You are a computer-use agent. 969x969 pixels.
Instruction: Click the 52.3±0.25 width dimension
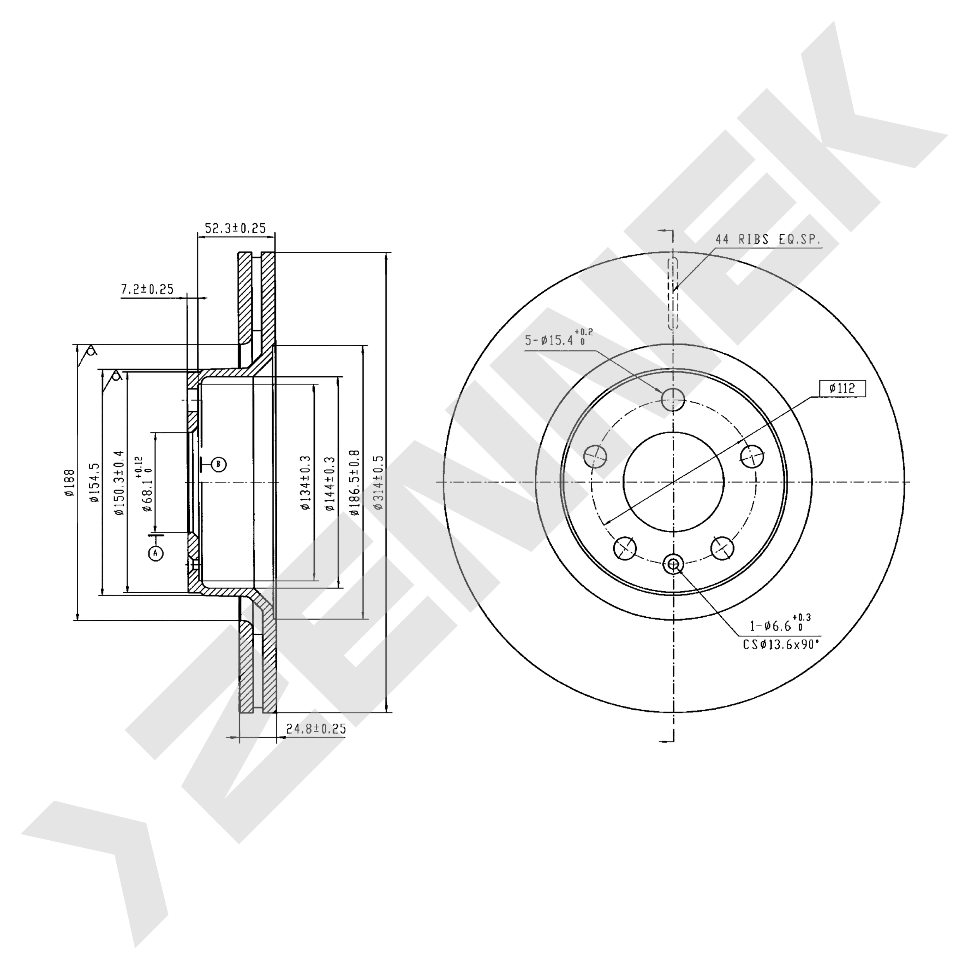(235, 228)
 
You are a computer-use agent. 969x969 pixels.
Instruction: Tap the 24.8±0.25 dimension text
(316, 729)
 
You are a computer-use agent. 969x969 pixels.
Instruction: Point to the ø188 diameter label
(69, 483)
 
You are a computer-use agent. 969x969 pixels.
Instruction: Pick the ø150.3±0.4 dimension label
(118, 483)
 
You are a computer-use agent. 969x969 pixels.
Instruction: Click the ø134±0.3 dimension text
(306, 483)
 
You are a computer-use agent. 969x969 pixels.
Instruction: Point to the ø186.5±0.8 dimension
(355, 483)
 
